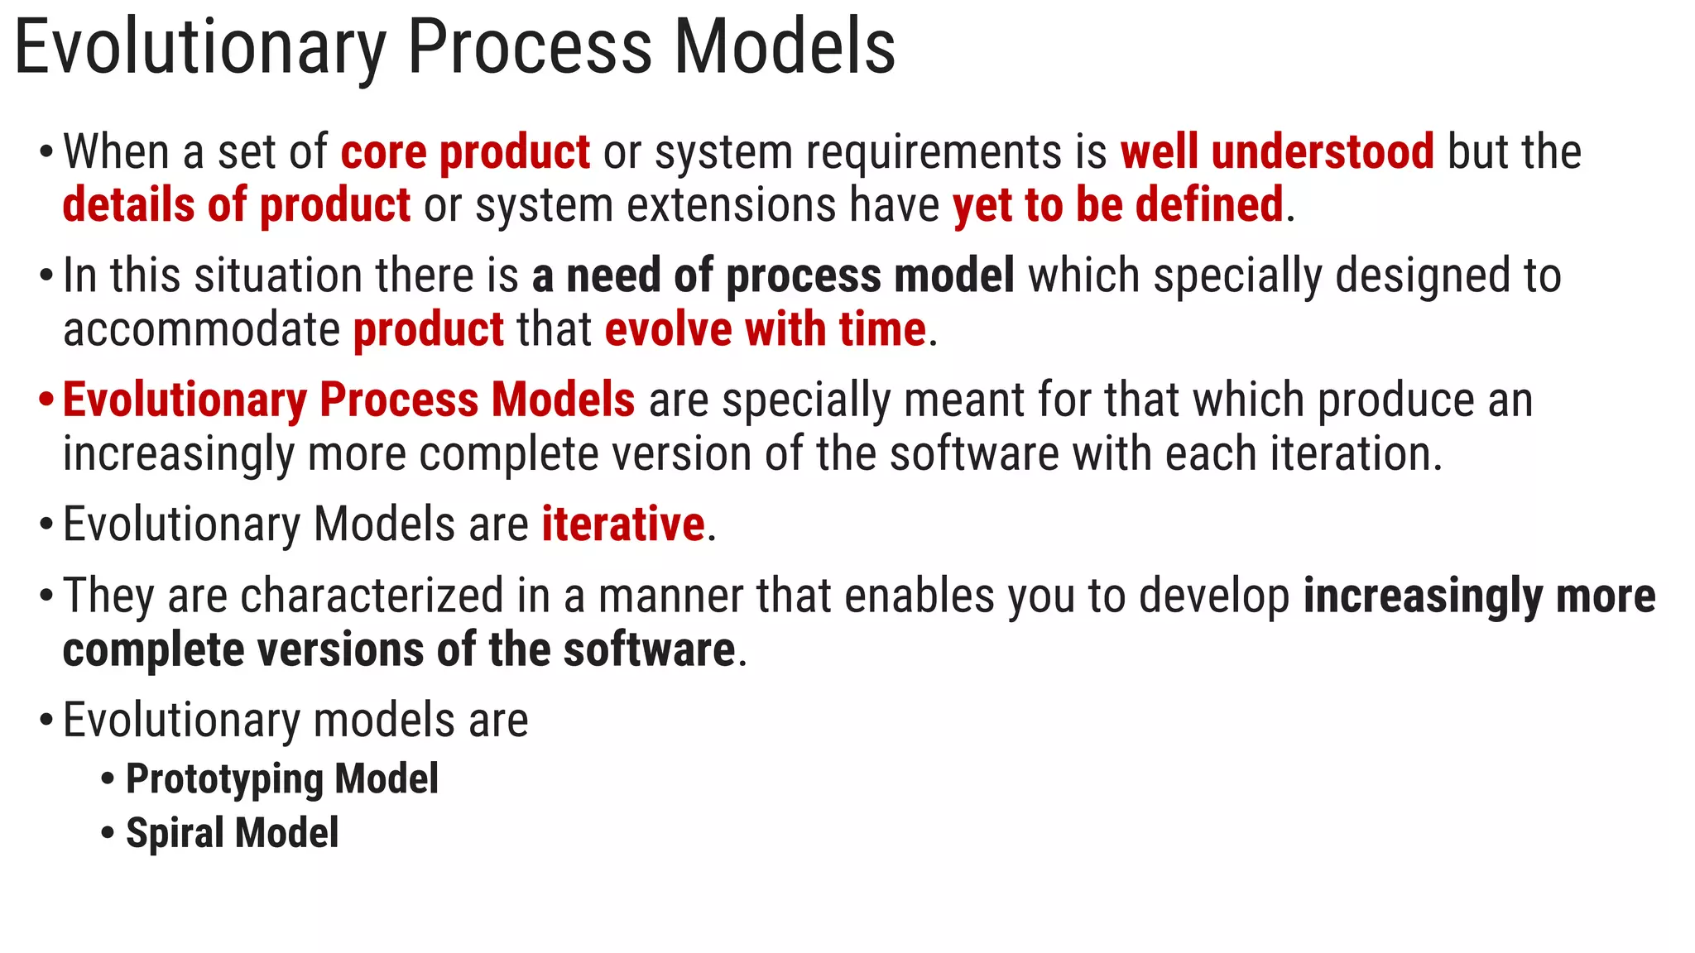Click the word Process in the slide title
530,48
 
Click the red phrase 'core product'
465,152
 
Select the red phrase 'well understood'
1277,152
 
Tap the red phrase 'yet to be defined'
1118,205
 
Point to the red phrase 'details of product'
237,205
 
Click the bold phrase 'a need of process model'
773,275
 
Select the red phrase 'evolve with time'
766,329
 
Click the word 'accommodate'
201,329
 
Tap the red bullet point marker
46,400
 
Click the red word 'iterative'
623,524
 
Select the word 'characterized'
372,596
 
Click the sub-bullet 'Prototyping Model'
281,779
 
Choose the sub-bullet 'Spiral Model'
232,833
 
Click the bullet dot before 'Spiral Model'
108,833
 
